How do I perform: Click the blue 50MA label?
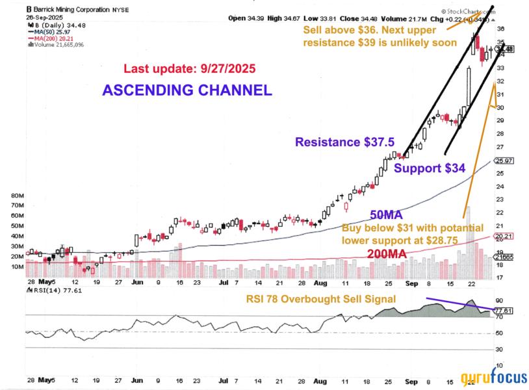[x=386, y=214]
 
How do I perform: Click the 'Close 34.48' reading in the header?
[x=352, y=18]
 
